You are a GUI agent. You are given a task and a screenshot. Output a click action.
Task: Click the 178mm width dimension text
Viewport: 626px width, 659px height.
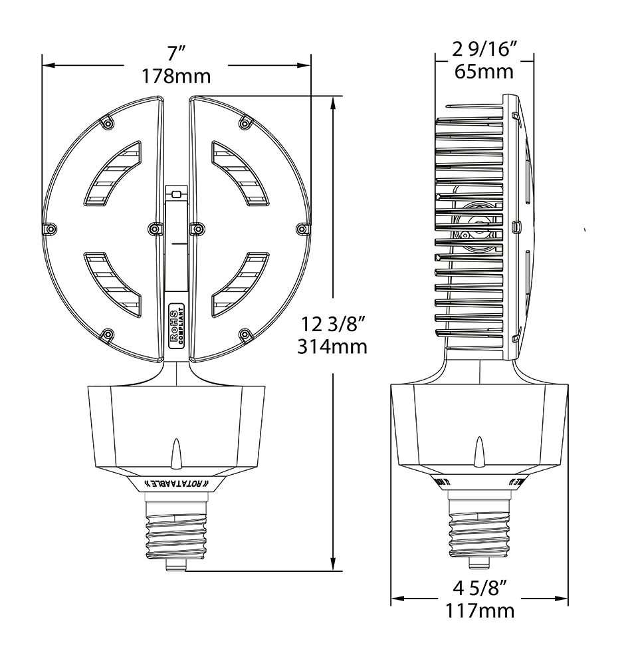176,76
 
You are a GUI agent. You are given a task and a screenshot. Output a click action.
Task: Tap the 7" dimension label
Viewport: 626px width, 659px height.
176,53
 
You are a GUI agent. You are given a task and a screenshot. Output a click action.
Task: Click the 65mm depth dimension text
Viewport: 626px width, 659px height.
484,71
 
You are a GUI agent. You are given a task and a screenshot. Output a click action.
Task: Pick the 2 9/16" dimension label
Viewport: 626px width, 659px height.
484,49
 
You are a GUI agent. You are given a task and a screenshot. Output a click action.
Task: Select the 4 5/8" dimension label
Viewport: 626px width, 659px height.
480,588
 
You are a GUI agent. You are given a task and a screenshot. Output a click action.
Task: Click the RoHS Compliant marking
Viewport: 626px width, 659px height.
176,326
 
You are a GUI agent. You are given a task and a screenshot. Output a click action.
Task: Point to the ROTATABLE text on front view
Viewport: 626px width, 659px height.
177,483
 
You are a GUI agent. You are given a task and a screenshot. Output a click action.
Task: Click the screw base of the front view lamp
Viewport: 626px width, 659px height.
177,532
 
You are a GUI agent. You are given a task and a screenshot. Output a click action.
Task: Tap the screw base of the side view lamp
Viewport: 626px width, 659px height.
478,532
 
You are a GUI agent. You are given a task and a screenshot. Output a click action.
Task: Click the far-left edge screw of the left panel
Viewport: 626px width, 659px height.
51,229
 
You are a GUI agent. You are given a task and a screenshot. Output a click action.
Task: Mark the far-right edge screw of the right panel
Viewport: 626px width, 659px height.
302,229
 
